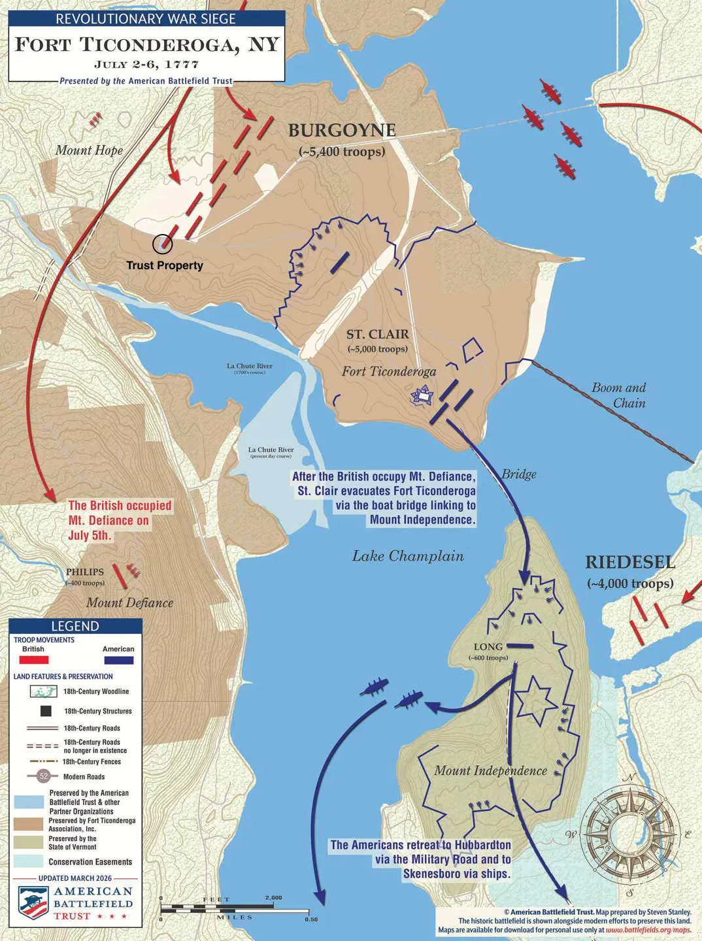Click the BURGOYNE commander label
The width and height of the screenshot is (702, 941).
coord(342,131)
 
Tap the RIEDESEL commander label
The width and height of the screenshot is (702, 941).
coord(630,562)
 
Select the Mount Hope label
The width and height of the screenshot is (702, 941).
coord(89,150)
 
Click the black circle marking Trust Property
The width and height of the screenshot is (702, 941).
coord(162,244)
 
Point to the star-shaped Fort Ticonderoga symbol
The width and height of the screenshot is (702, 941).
coord(423,395)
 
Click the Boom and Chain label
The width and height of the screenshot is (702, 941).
coord(618,395)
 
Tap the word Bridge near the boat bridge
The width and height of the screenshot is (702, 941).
coord(519,474)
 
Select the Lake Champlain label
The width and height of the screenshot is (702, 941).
coord(408,556)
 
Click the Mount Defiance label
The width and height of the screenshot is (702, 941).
coord(129,603)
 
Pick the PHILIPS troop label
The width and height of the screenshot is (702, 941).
coord(85,572)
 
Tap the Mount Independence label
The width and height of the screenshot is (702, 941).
coord(490,770)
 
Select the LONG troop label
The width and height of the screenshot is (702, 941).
coord(488,647)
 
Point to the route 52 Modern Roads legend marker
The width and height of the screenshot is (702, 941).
coord(44,776)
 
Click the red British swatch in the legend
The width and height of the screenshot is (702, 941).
coord(33,660)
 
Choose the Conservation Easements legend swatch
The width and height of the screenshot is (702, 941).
coord(28,861)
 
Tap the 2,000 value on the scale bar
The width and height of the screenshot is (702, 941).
coord(273,897)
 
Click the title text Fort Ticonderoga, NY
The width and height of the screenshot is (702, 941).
coord(147,44)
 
